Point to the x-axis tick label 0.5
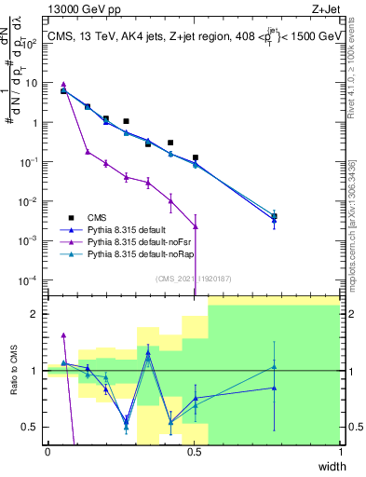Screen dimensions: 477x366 pyautogui.click(x=194, y=451)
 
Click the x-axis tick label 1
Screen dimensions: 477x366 pyautogui.click(x=340, y=451)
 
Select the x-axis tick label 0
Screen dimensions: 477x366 pyautogui.click(x=47, y=451)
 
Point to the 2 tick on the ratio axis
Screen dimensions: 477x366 pyautogui.click(x=35, y=314)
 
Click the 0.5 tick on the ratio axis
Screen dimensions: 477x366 pyautogui.click(x=31, y=427)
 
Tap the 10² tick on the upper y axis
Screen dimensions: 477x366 pyautogui.click(x=31, y=43)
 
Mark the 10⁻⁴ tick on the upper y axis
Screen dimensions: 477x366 pyautogui.click(x=31, y=279)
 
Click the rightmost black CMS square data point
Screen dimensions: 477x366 pyautogui.click(x=274, y=216)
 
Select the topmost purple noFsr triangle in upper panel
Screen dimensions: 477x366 pyautogui.click(x=63, y=85)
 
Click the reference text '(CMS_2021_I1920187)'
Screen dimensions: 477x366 pyautogui.click(x=193, y=277)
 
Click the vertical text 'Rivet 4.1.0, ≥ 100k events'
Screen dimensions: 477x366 pyautogui.click(x=358, y=71)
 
